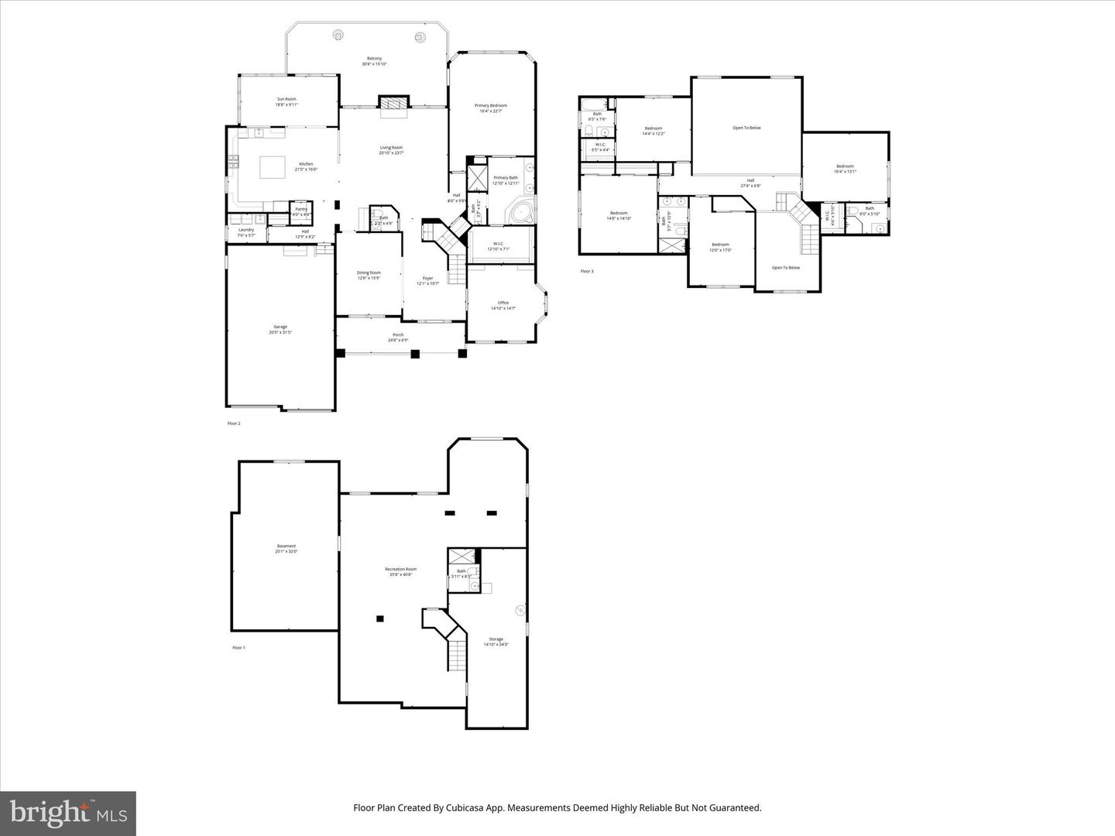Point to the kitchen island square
point(272,167)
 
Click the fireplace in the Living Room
point(393,103)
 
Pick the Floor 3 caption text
point(587,271)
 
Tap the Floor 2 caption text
point(234,423)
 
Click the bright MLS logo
point(68,813)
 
